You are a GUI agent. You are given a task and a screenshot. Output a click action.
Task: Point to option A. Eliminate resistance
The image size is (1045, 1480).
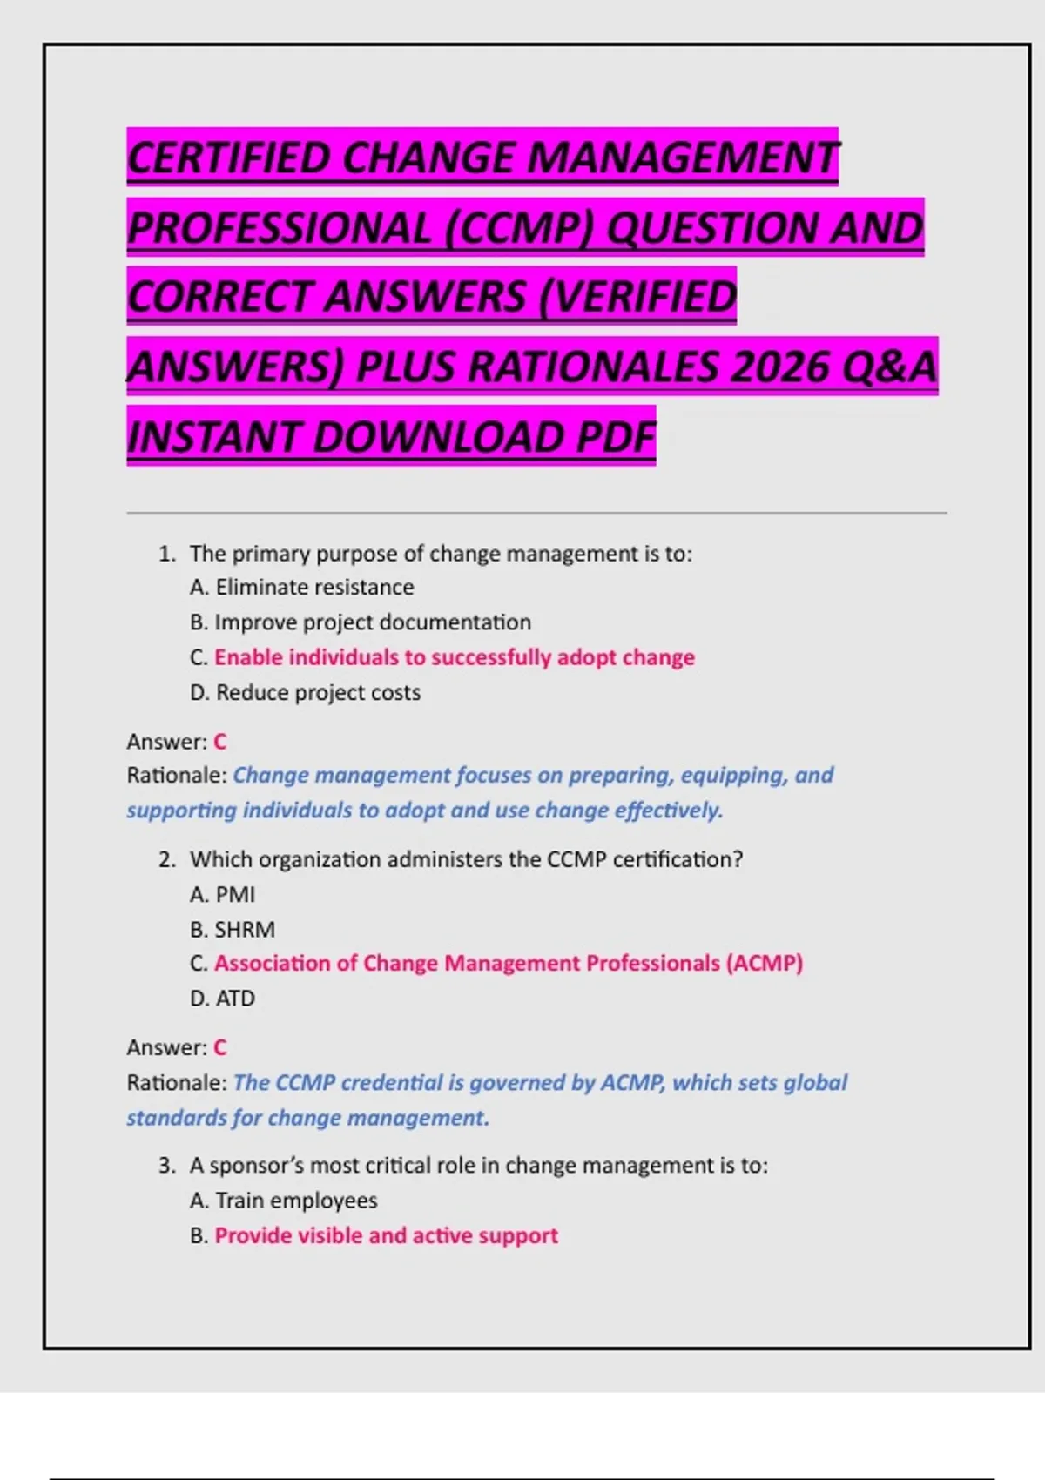301,588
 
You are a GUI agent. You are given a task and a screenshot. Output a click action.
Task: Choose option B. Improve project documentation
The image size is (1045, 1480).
361,622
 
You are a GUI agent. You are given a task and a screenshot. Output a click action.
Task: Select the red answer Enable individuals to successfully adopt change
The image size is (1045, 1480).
454,657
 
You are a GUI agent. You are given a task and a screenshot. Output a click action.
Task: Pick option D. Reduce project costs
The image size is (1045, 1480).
305,693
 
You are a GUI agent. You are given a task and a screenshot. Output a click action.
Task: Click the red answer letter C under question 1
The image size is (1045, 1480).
220,742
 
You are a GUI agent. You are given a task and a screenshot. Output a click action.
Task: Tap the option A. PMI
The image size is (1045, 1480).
223,894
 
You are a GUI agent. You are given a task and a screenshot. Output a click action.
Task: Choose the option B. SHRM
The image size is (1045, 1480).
233,930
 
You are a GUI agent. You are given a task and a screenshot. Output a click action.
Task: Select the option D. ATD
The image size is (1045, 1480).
223,999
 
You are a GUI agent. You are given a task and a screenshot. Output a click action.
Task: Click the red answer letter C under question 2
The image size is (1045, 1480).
220,1047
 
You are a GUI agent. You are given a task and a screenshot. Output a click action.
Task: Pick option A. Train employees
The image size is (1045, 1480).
284,1201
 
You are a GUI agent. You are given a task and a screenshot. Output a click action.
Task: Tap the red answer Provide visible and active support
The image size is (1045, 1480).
386,1236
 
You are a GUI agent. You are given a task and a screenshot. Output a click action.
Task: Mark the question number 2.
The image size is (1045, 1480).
166,860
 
